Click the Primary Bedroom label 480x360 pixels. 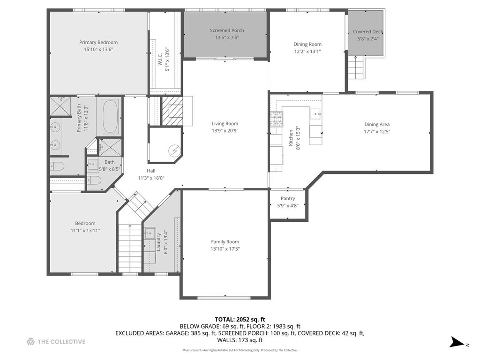(98, 42)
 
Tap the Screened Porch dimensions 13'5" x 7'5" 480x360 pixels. (227, 37)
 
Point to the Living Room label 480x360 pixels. (225, 123)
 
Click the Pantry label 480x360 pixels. (288, 198)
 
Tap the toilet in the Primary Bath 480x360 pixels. (57, 166)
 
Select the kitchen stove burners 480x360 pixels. (276, 120)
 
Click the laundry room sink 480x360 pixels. (150, 233)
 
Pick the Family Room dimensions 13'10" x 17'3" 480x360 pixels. (225, 249)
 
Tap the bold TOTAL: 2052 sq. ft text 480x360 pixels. (240, 320)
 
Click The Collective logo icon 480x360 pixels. (30, 342)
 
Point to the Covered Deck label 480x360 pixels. (368, 31)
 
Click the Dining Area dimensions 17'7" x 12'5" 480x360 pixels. (377, 132)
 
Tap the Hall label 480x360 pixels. (151, 171)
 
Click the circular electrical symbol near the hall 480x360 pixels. (174, 150)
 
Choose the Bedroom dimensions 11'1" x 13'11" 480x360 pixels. (85, 231)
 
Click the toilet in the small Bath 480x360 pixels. (94, 180)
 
